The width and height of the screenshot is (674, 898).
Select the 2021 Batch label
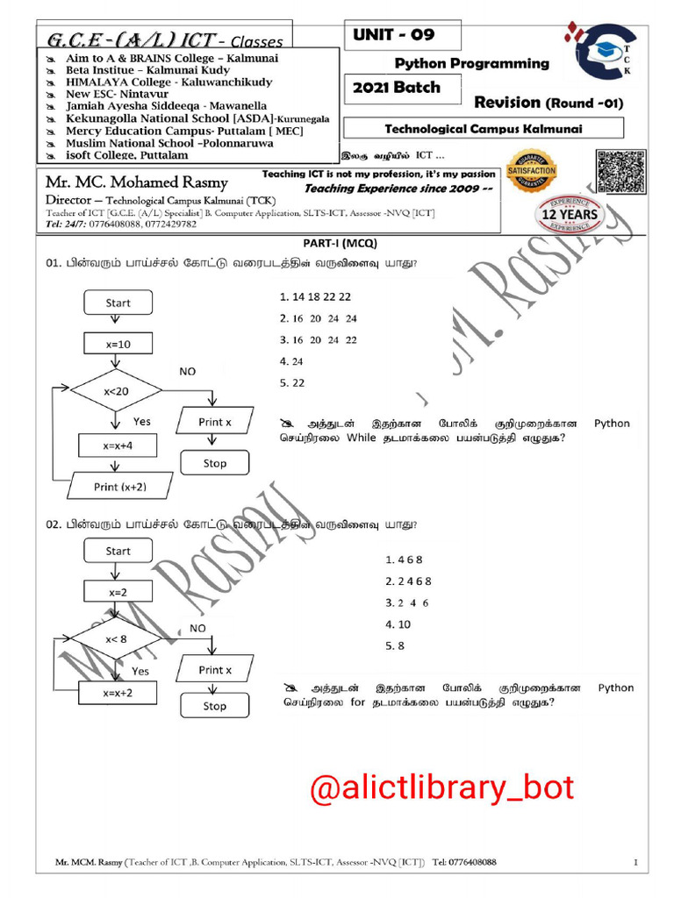click(x=396, y=88)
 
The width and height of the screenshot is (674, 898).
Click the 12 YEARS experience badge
click(x=570, y=212)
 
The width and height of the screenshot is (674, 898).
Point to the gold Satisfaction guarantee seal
click(x=531, y=172)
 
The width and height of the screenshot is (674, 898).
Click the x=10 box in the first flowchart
click(x=118, y=345)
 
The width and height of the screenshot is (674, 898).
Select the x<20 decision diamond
click(x=116, y=391)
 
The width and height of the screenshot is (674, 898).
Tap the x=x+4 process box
click(x=117, y=445)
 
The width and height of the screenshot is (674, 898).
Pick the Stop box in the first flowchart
click(x=214, y=463)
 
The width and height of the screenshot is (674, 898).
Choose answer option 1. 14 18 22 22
click(x=315, y=296)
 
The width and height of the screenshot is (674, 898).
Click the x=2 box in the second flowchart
click(x=118, y=592)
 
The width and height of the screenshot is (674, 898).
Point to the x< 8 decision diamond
click(x=116, y=639)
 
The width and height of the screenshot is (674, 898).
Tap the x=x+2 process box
click(x=117, y=693)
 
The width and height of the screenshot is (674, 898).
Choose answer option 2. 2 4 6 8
click(x=408, y=581)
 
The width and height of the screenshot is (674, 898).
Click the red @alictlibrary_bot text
click(x=442, y=788)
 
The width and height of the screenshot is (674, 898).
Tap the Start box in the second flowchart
click(x=118, y=551)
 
